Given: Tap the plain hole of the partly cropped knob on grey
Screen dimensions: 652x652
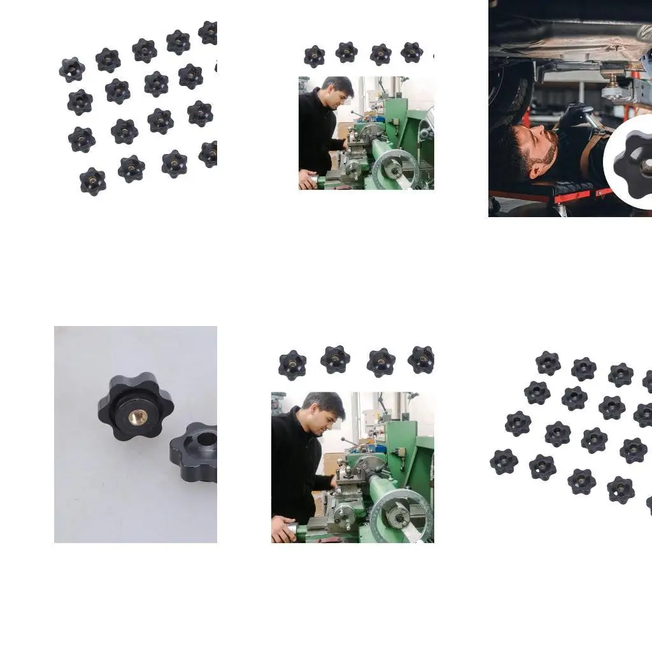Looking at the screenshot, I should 207,439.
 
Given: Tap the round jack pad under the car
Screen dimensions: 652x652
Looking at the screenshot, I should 615,90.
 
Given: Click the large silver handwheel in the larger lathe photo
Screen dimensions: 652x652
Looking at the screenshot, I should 399,513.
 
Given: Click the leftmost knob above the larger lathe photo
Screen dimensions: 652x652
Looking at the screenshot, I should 292,365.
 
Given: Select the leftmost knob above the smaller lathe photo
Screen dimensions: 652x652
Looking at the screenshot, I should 314,56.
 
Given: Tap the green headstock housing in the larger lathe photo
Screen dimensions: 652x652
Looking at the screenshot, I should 407,446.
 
